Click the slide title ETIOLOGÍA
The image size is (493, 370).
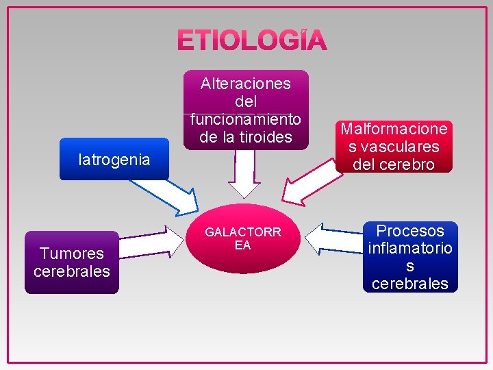tap(252, 41)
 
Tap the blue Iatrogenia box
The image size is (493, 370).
tap(114, 160)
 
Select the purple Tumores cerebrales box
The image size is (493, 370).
tap(72, 263)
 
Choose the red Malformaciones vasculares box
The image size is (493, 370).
tap(394, 147)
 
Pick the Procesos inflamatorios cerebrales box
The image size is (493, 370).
tap(410, 257)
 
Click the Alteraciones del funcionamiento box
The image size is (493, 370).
tap(246, 110)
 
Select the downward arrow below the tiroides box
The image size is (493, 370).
tap(244, 176)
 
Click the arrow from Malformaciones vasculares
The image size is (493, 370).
tap(312, 183)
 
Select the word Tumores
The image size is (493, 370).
tap(71, 254)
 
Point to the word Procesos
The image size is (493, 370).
tap(410, 230)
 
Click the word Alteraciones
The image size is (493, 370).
tap(246, 84)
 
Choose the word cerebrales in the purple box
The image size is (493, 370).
tap(72, 271)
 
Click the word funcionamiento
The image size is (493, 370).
tap(246, 119)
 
